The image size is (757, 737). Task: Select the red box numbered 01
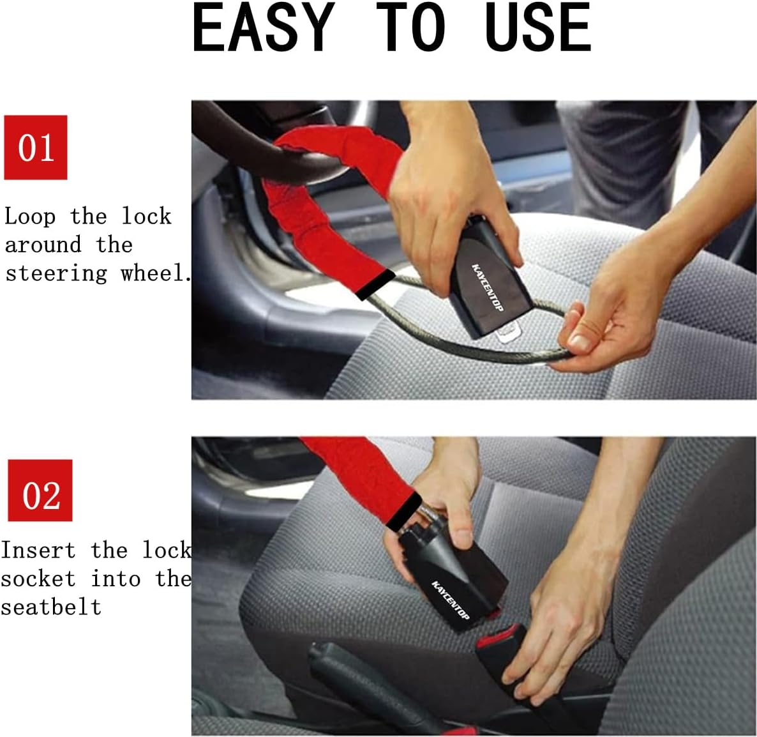coord(36,148)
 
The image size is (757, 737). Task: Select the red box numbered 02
coord(40,490)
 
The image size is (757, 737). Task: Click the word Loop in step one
coord(30,217)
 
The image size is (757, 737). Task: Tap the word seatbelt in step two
coord(50,607)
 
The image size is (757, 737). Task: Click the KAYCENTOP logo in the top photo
coord(488,287)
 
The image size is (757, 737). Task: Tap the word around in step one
coord(43,245)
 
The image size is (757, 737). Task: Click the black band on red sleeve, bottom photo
coord(403,511)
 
